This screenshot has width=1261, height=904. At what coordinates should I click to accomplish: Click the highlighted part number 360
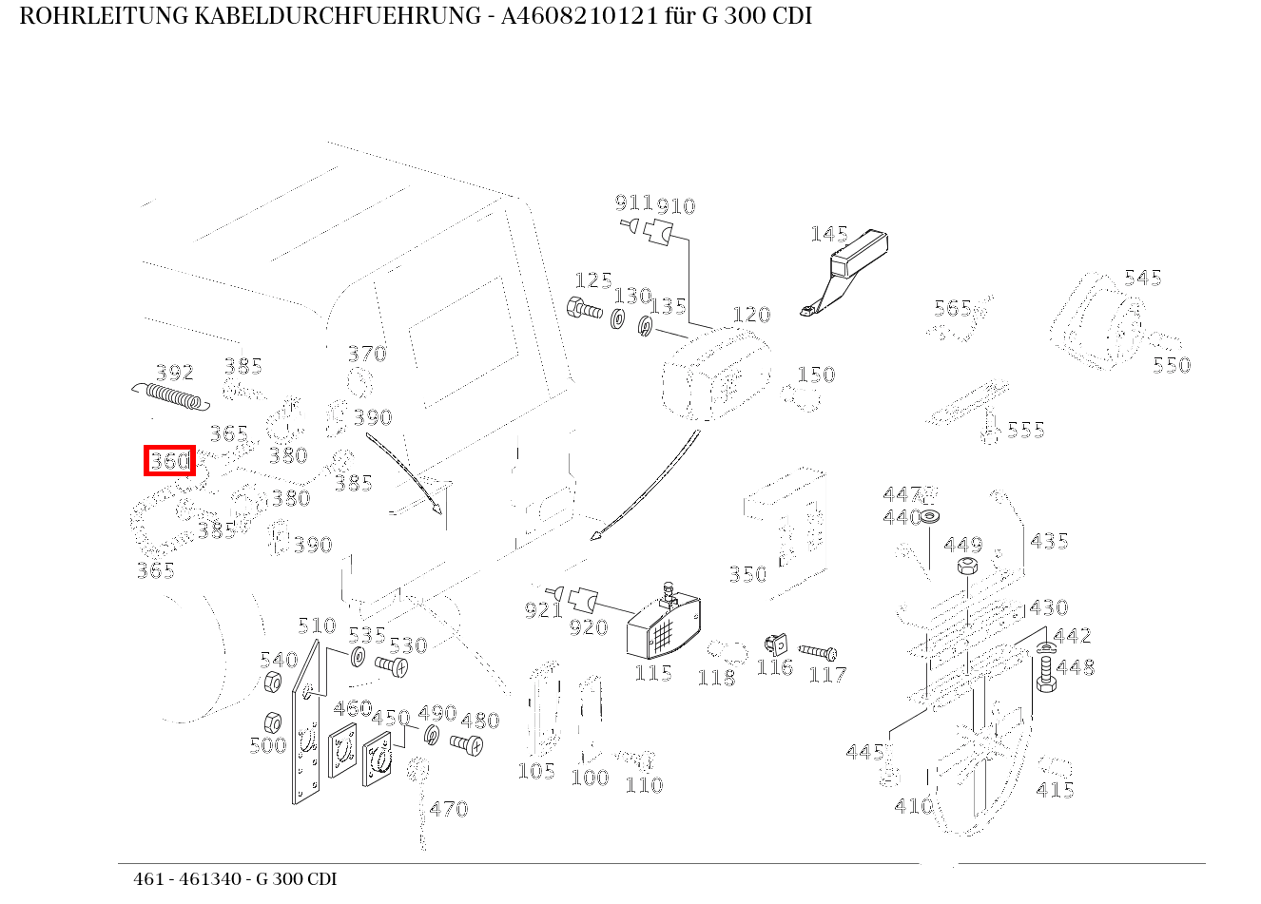(169, 462)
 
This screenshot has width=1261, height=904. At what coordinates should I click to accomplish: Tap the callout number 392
(175, 372)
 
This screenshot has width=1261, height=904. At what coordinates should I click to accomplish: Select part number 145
(828, 234)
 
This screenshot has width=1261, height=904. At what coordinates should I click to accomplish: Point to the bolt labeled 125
(583, 309)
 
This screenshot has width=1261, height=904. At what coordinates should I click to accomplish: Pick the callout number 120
(750, 315)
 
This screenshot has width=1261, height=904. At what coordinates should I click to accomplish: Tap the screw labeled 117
(817, 652)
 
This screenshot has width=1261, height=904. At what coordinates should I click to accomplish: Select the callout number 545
(1142, 278)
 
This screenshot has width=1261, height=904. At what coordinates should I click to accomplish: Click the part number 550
(1171, 365)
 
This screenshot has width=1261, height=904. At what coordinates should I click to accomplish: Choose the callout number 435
(1049, 541)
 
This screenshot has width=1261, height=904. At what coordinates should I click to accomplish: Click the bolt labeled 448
(1045, 673)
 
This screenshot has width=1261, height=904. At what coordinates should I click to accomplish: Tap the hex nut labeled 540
(270, 682)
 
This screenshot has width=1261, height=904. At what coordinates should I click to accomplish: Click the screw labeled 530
(391, 667)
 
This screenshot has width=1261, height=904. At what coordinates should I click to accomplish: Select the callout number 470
(448, 809)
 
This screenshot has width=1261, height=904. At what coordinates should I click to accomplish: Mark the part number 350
(747, 574)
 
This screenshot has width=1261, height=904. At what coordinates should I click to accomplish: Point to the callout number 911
(633, 202)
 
